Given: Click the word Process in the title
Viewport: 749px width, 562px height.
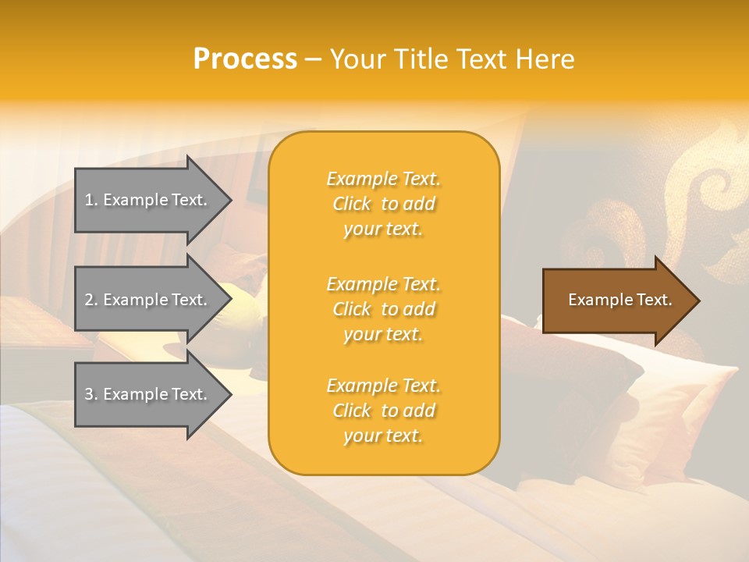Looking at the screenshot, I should click(x=245, y=59).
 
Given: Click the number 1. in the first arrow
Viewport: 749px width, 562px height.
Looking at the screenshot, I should click(x=91, y=200).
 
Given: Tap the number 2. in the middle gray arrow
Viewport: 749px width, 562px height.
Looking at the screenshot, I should click(x=91, y=300).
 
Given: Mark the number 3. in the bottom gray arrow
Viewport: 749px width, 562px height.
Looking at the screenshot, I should click(x=91, y=394).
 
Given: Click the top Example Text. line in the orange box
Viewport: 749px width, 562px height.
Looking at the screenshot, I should click(x=383, y=179).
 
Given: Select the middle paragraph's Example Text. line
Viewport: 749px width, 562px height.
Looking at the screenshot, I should click(x=383, y=284).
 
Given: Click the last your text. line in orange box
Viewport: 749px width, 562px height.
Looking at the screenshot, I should click(x=383, y=436).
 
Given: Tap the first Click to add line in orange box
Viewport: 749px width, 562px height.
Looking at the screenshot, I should click(x=383, y=204).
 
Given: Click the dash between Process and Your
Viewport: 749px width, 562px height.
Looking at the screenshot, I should click(x=313, y=59).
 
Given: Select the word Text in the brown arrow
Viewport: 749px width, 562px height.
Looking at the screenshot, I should click(x=653, y=300).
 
